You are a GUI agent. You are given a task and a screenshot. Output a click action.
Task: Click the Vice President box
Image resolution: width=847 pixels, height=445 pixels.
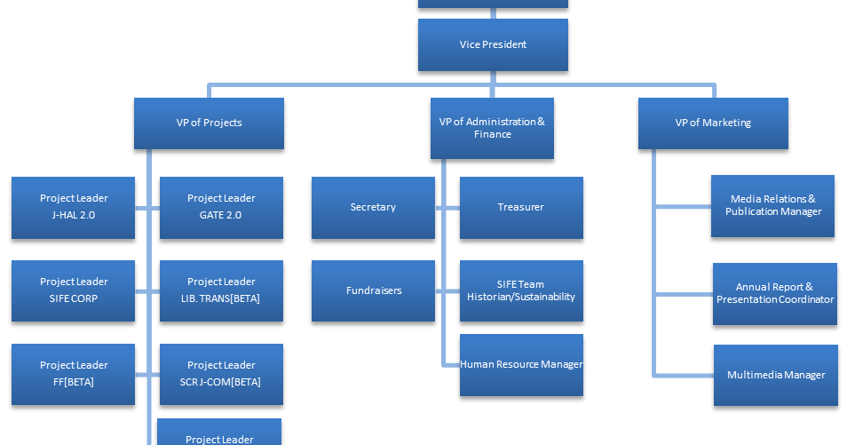(493, 45)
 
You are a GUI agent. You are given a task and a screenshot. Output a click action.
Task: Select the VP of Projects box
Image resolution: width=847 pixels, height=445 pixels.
(209, 123)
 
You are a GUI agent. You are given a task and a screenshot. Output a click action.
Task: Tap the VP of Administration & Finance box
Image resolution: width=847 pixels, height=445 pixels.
(492, 128)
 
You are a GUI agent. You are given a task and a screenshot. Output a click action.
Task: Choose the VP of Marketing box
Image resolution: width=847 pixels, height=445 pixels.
(713, 123)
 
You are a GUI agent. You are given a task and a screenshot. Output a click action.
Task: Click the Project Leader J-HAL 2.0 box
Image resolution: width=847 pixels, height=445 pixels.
(73, 207)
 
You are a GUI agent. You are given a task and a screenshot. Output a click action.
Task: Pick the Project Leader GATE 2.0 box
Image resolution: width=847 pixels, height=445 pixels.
(221, 207)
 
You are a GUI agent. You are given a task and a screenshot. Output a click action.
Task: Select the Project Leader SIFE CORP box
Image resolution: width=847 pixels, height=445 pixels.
(73, 290)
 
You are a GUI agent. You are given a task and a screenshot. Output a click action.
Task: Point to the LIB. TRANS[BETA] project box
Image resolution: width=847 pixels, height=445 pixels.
(221, 290)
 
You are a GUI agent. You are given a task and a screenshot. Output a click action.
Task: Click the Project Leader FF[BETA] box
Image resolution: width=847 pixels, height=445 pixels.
(73, 374)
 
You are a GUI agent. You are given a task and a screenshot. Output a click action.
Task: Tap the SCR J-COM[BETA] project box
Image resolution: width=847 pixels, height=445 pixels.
(221, 374)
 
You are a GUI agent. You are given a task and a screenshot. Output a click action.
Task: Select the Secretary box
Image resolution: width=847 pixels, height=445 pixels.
(373, 207)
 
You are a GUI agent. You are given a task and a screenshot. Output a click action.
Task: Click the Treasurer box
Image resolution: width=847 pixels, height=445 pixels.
(521, 207)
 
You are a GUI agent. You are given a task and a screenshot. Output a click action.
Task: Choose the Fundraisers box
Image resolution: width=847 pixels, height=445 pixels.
(373, 290)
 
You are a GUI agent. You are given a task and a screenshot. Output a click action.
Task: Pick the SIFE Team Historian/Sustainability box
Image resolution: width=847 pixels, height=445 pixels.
(521, 290)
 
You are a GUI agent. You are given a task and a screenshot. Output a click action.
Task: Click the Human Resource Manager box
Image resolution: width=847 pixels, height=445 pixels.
(521, 365)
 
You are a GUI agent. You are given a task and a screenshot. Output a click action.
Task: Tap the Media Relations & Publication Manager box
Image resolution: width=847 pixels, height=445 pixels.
(772, 206)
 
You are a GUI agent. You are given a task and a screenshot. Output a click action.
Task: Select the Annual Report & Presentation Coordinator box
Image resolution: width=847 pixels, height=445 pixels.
(774, 293)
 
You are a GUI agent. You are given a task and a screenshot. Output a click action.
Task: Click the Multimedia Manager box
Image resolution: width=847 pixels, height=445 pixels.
(775, 375)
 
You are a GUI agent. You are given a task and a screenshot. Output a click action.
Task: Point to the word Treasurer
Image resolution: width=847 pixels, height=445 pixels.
(520, 207)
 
